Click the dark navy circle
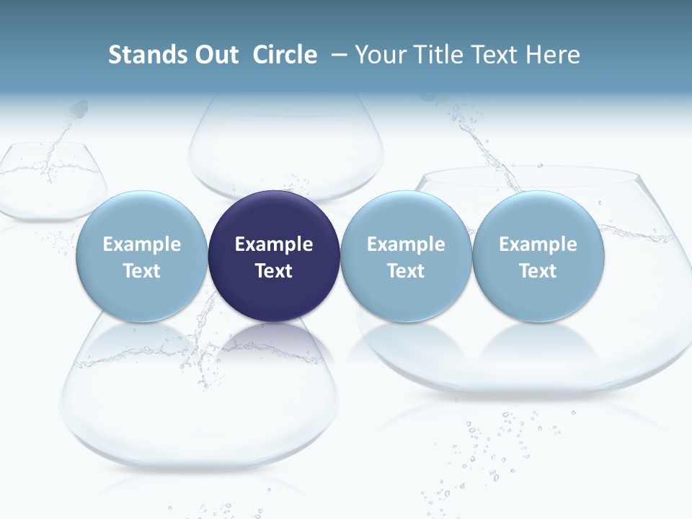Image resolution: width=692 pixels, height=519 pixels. click(274, 256)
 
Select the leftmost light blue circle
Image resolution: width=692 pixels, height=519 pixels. click(141, 256)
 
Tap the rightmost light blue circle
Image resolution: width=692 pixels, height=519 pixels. click(538, 256)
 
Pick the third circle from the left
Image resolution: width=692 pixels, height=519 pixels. click(406, 256)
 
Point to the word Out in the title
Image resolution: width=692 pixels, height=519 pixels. click(216, 55)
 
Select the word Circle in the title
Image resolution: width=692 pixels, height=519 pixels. click(285, 55)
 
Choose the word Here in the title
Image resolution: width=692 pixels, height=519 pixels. click(554, 55)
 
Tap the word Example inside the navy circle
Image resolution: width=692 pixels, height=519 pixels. click(274, 244)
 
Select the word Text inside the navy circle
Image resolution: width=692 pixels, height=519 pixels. click(274, 271)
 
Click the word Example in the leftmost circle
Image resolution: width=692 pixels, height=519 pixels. click(141, 244)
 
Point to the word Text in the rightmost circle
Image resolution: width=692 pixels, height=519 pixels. click(538, 271)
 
